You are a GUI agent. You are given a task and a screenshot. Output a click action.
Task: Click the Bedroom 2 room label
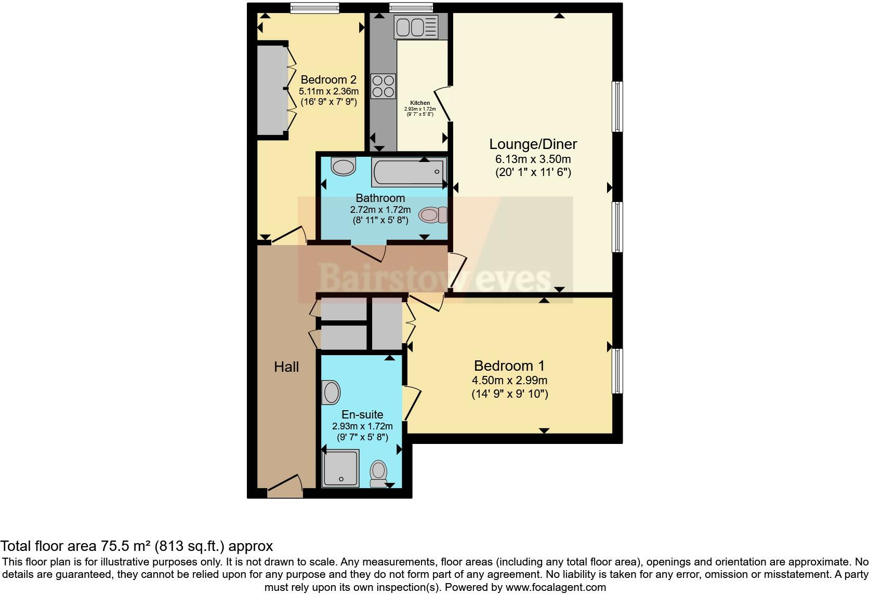(x=328, y=80)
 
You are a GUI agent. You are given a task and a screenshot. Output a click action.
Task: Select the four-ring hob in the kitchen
(x=383, y=86)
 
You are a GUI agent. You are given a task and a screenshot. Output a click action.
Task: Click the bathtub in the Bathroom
(x=409, y=173)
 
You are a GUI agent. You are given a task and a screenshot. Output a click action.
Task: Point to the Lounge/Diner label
(x=533, y=144)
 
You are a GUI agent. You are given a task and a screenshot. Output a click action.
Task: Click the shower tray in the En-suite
(x=340, y=468)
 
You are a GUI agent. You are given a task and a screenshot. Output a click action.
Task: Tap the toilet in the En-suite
(x=379, y=473)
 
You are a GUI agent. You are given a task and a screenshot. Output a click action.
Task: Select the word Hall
(x=286, y=367)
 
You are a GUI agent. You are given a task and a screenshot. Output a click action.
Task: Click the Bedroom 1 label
(x=509, y=366)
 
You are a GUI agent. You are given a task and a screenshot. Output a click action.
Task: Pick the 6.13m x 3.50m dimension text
(x=533, y=159)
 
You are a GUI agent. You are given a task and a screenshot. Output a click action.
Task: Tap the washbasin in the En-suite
(x=331, y=392)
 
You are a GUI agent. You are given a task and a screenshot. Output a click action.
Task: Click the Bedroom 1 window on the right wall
(x=617, y=371)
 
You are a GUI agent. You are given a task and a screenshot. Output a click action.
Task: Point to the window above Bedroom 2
(x=314, y=7)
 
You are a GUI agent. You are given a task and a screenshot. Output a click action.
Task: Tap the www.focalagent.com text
(x=555, y=588)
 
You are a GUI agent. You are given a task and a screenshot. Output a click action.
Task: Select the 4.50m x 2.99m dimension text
(x=509, y=381)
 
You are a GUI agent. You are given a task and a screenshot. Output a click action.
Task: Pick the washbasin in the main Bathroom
(x=343, y=167)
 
